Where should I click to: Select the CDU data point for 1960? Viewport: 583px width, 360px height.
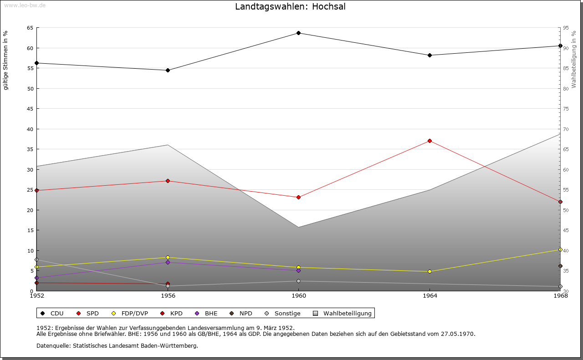(298, 33)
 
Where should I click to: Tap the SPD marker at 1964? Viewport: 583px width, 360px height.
(430, 141)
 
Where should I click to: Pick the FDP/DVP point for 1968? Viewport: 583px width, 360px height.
(560, 249)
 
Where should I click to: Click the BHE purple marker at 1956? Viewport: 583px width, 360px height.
(168, 262)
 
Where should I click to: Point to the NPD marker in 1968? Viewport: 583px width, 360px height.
(560, 266)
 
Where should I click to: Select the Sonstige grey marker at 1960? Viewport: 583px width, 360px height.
(298, 281)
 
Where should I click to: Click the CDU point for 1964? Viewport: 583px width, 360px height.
(430, 55)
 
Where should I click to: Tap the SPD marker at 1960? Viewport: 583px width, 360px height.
(298, 197)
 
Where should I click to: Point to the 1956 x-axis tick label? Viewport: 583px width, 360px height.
(168, 296)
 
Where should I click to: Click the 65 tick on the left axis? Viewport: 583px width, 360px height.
(30, 28)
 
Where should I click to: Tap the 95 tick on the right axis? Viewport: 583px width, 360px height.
(566, 28)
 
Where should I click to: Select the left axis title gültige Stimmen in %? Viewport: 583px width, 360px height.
(6, 60)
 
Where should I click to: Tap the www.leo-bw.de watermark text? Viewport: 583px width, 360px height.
(24, 5)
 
